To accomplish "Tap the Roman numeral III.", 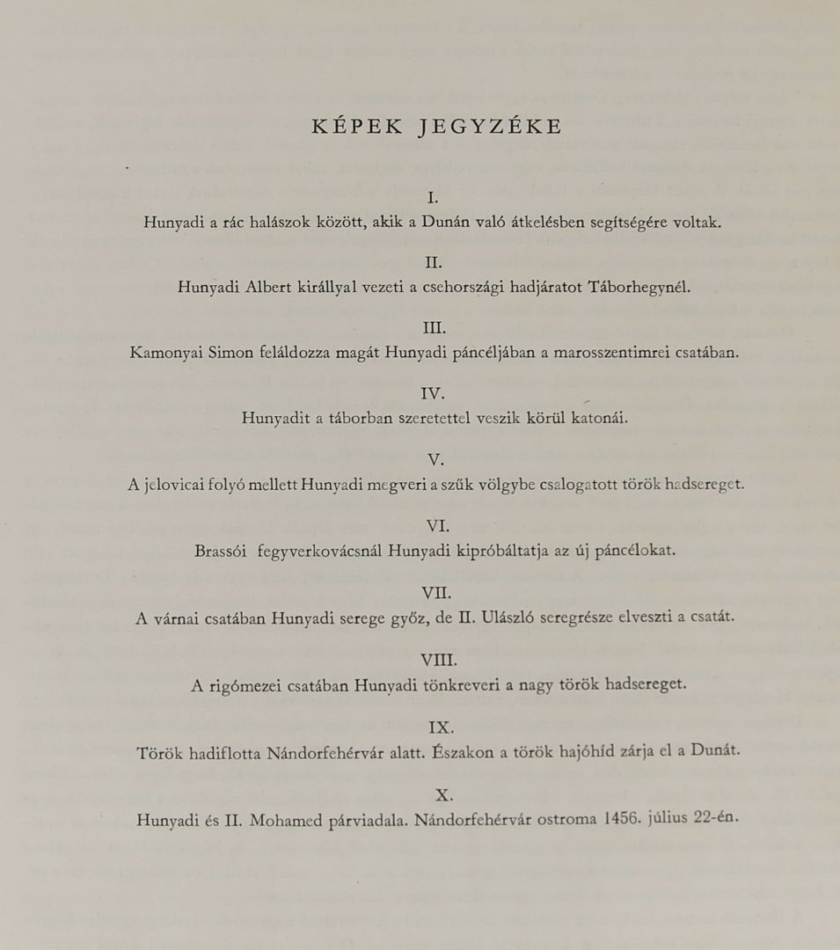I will (435, 328).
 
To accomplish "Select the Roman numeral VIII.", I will (435, 660).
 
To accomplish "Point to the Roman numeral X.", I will (443, 795).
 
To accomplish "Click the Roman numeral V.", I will (435, 460).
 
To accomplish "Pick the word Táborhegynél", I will (639, 287).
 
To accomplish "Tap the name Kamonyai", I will (165, 353).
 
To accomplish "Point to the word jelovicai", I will (175, 485).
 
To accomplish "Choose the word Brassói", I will (222, 552).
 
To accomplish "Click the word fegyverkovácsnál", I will (319, 552).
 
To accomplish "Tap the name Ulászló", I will (510, 617).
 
